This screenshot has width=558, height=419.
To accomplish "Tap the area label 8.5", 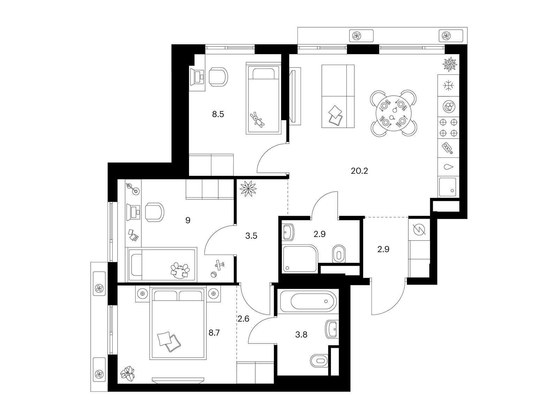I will tap(218, 114).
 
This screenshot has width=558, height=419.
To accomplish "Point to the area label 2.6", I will tap(243, 318).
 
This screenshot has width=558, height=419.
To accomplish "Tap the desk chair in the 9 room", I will tap(154, 212).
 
